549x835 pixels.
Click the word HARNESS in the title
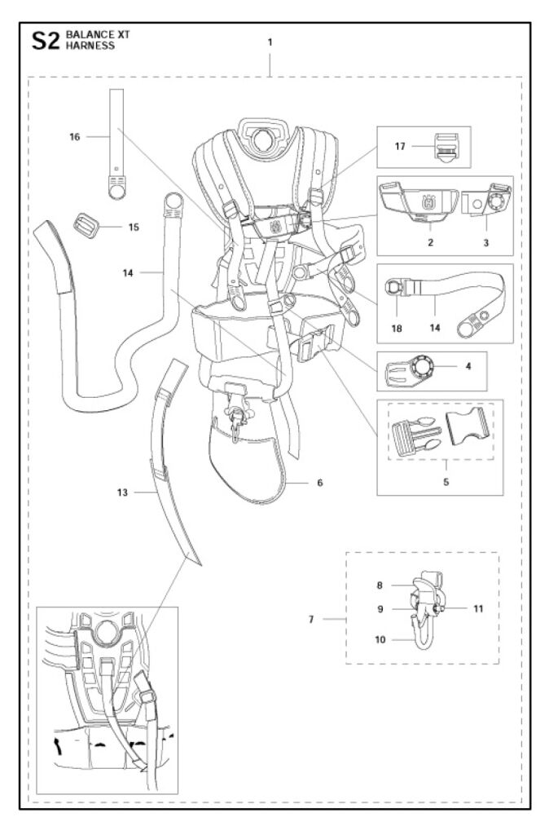coord(91,47)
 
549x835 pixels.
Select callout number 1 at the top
coord(270,42)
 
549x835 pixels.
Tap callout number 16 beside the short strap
coord(75,138)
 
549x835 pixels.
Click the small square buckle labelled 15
coord(85,223)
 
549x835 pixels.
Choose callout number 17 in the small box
coord(400,147)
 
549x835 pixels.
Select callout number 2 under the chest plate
coord(430,242)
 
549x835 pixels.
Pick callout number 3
coord(485,242)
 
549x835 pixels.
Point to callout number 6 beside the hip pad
coord(320,483)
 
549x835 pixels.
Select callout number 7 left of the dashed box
coord(311,620)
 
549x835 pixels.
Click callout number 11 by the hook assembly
coord(479,608)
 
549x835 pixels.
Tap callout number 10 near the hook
coord(380,640)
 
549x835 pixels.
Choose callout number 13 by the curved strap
coord(123,493)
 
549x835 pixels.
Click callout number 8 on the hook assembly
coord(380,585)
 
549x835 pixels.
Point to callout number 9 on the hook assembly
coord(380,608)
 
